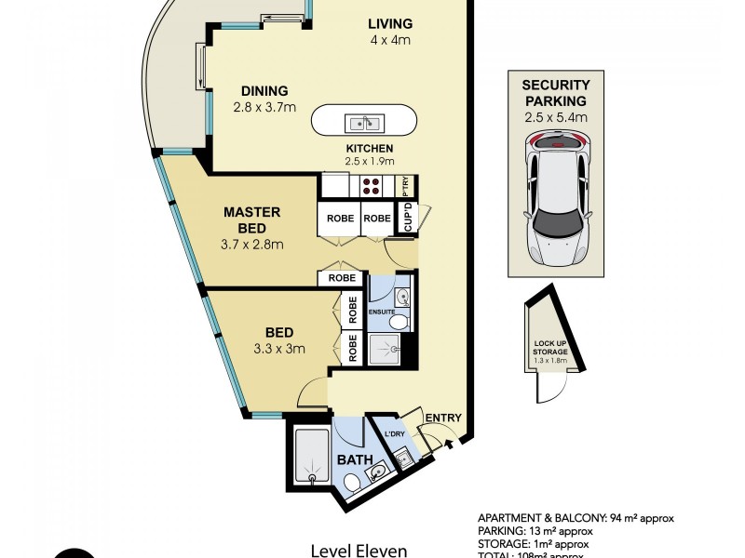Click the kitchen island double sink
365,123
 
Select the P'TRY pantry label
405,184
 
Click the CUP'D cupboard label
407,218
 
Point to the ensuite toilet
399,322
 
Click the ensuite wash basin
400,298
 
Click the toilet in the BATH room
352,483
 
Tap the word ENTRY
442,418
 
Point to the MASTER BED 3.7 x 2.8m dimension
252,245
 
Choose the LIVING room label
389,23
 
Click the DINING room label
264,91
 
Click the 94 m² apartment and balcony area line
576,517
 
